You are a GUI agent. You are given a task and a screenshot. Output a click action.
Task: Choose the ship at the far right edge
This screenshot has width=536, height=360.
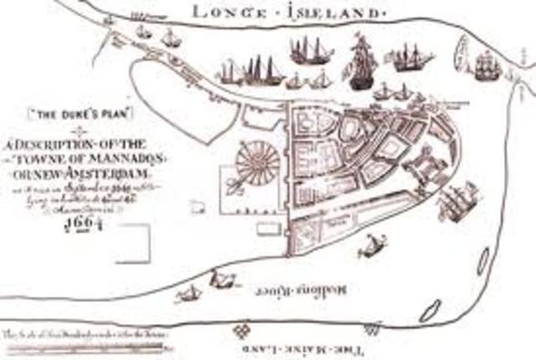(487, 64)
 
